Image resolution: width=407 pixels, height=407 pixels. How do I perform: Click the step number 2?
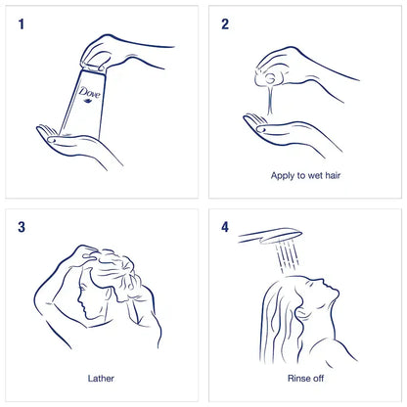pos(225,23)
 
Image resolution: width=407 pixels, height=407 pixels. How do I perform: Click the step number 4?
pos(225,227)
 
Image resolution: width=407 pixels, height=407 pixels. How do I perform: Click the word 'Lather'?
pos(101,375)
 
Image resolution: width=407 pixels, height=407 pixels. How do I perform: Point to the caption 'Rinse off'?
pos(304,375)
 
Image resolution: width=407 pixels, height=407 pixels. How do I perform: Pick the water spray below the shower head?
pos(290,256)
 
